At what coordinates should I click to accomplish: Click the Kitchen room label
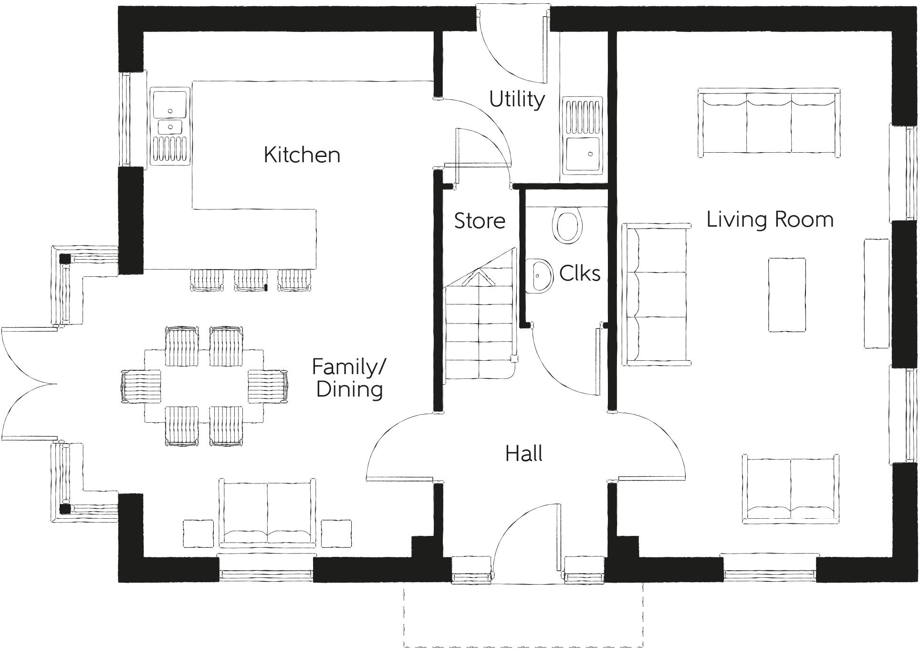302,155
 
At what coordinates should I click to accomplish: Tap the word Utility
517,99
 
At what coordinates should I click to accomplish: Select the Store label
479,220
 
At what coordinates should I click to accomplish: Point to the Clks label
579,273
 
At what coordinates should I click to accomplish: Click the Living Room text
770,220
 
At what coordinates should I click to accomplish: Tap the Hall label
523,453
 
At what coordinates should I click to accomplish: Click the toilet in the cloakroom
567,225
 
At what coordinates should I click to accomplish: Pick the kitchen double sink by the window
169,126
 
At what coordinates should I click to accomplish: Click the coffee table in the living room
787,294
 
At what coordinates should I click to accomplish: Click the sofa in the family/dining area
267,513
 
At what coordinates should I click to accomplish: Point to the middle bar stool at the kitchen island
251,280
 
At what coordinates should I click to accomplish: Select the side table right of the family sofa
336,534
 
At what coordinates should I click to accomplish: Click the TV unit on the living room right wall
877,293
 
